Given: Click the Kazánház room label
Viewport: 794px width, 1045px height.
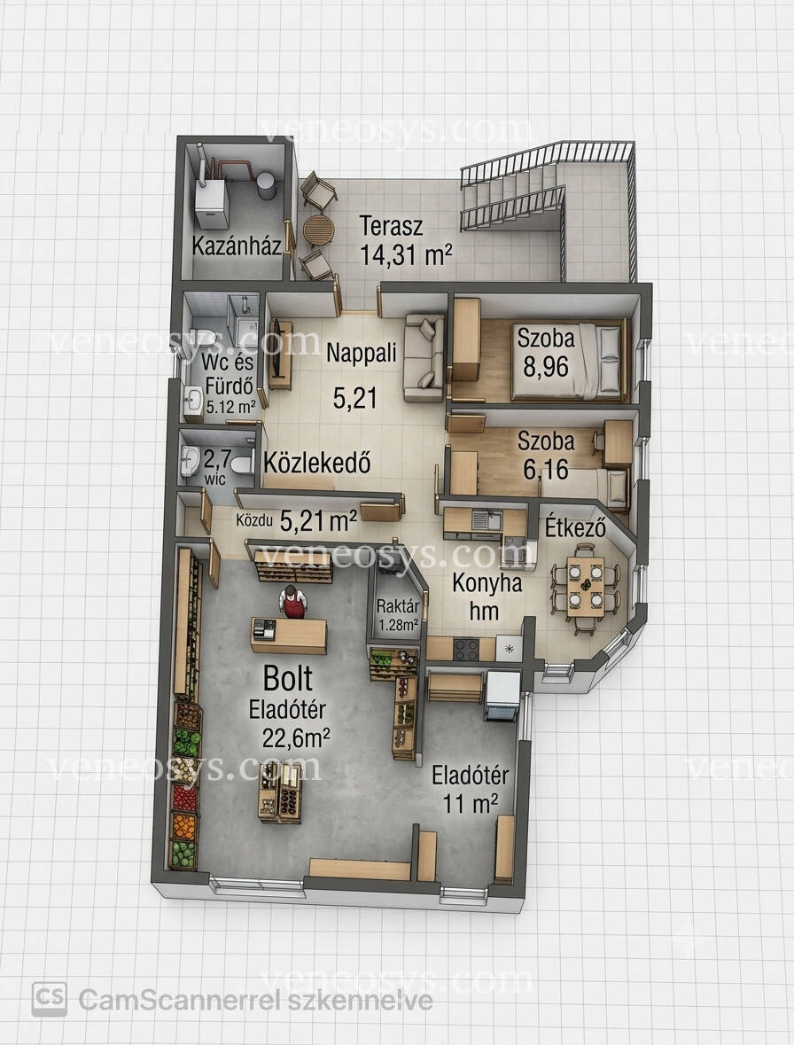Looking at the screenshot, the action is (x=237, y=246).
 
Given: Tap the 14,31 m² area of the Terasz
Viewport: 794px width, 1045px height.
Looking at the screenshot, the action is (x=407, y=253).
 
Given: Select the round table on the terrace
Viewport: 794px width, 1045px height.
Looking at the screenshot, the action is (x=318, y=230).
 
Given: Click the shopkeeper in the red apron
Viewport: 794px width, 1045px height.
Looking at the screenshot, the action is (x=292, y=603).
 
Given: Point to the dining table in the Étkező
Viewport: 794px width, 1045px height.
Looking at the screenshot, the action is (x=585, y=587).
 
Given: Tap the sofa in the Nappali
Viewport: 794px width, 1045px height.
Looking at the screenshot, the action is (x=424, y=358).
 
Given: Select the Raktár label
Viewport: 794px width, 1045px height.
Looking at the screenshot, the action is (x=398, y=606).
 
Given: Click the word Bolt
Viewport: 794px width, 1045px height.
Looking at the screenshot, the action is (x=288, y=678).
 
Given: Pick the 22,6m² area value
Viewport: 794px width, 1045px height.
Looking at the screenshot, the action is (x=297, y=738).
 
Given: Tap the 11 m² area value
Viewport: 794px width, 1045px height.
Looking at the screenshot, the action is (x=471, y=803).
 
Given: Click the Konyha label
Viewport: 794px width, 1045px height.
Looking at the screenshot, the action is (x=487, y=583).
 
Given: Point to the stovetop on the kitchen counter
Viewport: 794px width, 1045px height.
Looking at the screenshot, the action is (x=465, y=649).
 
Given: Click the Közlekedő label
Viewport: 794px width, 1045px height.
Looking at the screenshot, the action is (x=317, y=463).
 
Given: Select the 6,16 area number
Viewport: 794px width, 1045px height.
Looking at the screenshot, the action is (x=546, y=470).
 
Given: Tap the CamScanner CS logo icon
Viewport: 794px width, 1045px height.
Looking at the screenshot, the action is (x=50, y=1000).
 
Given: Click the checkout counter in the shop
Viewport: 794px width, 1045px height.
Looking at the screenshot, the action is (x=288, y=636).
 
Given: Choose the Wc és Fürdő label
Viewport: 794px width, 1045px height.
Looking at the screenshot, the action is (x=229, y=375).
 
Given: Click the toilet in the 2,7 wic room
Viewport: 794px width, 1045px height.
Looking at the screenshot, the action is (x=242, y=461).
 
